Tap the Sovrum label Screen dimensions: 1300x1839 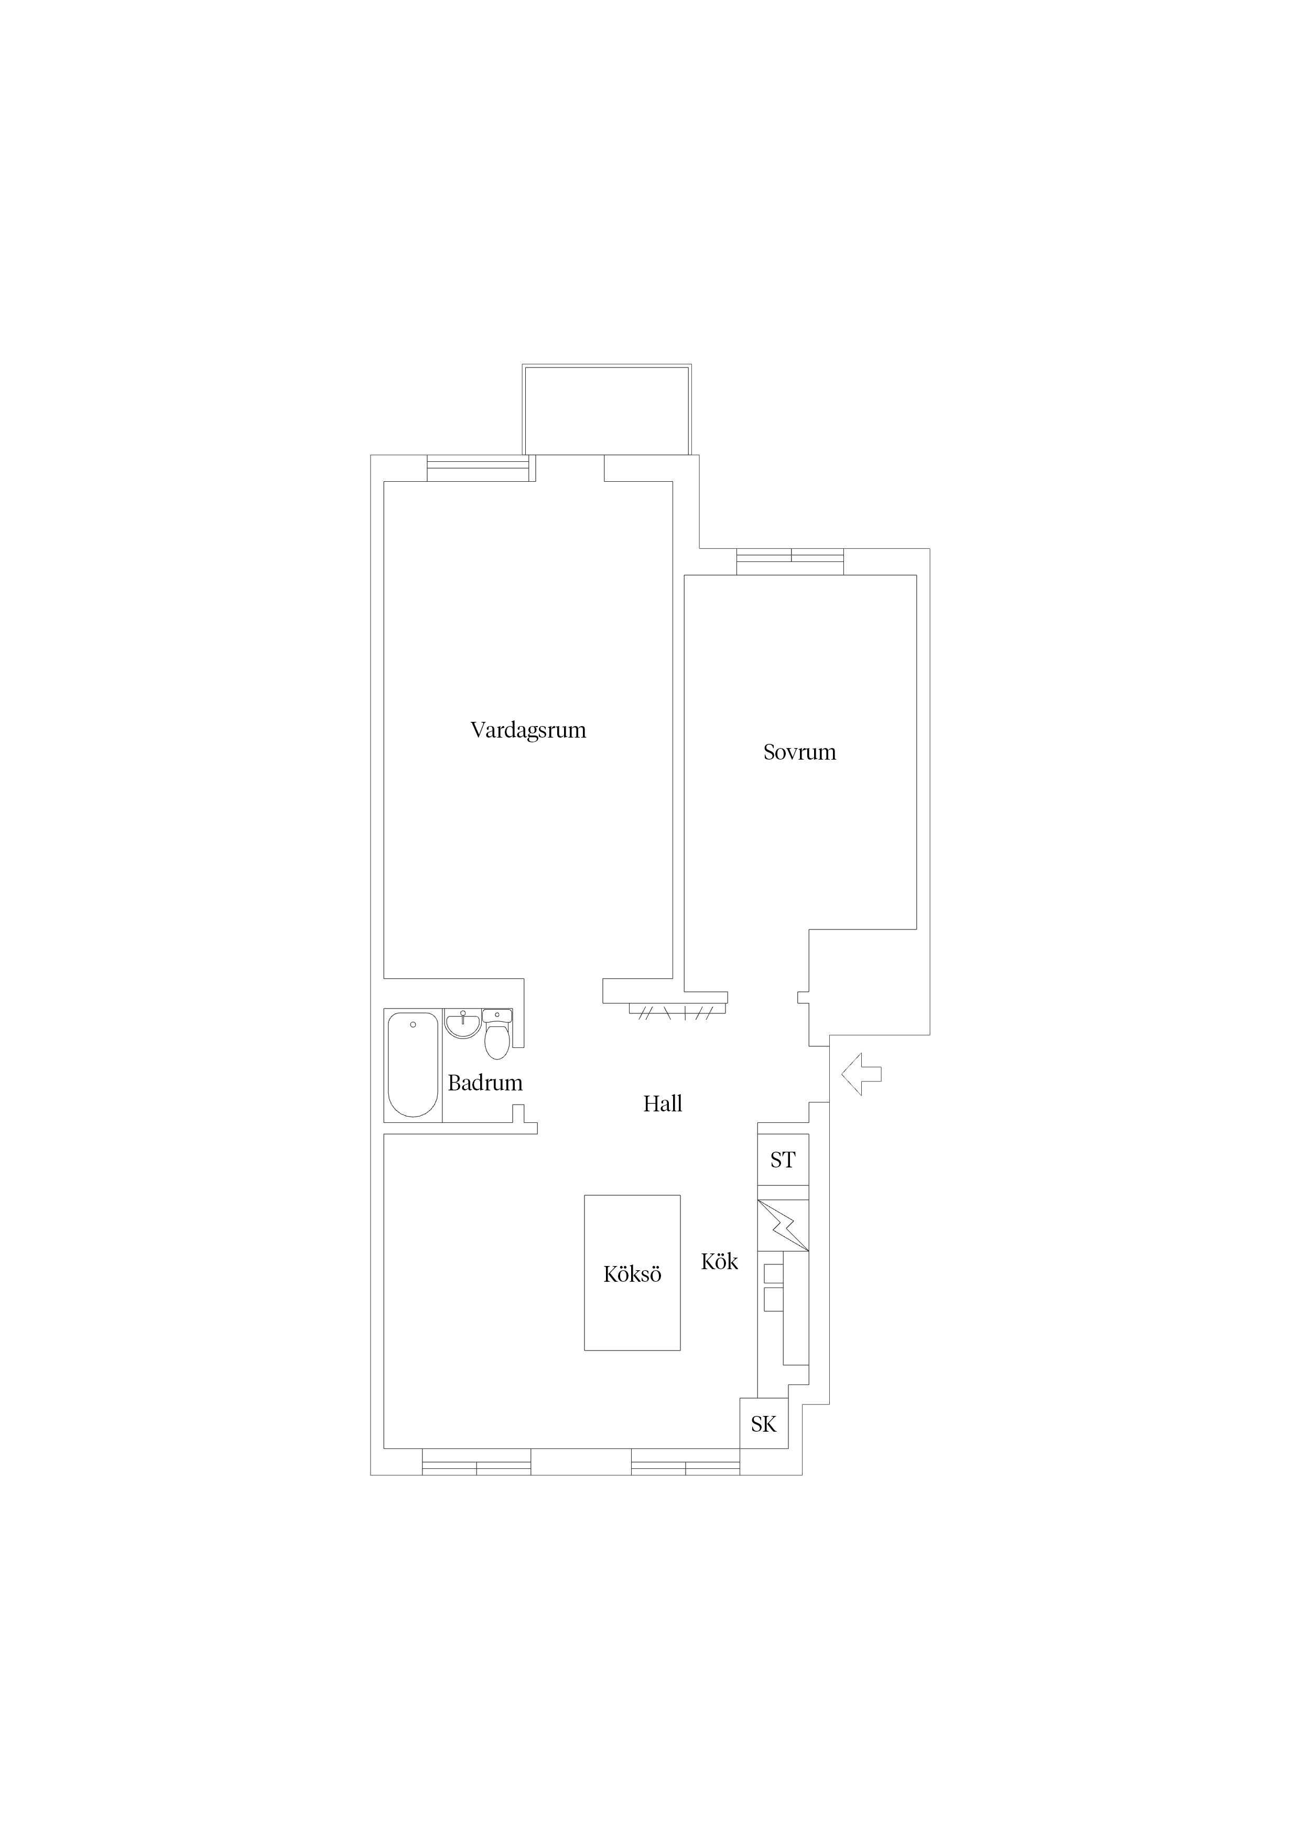click(x=799, y=752)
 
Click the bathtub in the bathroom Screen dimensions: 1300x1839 click(x=413, y=1065)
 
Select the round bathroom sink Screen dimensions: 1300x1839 click(x=462, y=1024)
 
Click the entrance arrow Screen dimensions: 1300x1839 click(x=861, y=1074)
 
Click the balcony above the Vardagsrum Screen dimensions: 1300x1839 click(x=606, y=410)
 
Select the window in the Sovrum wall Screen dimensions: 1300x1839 click(x=790, y=561)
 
